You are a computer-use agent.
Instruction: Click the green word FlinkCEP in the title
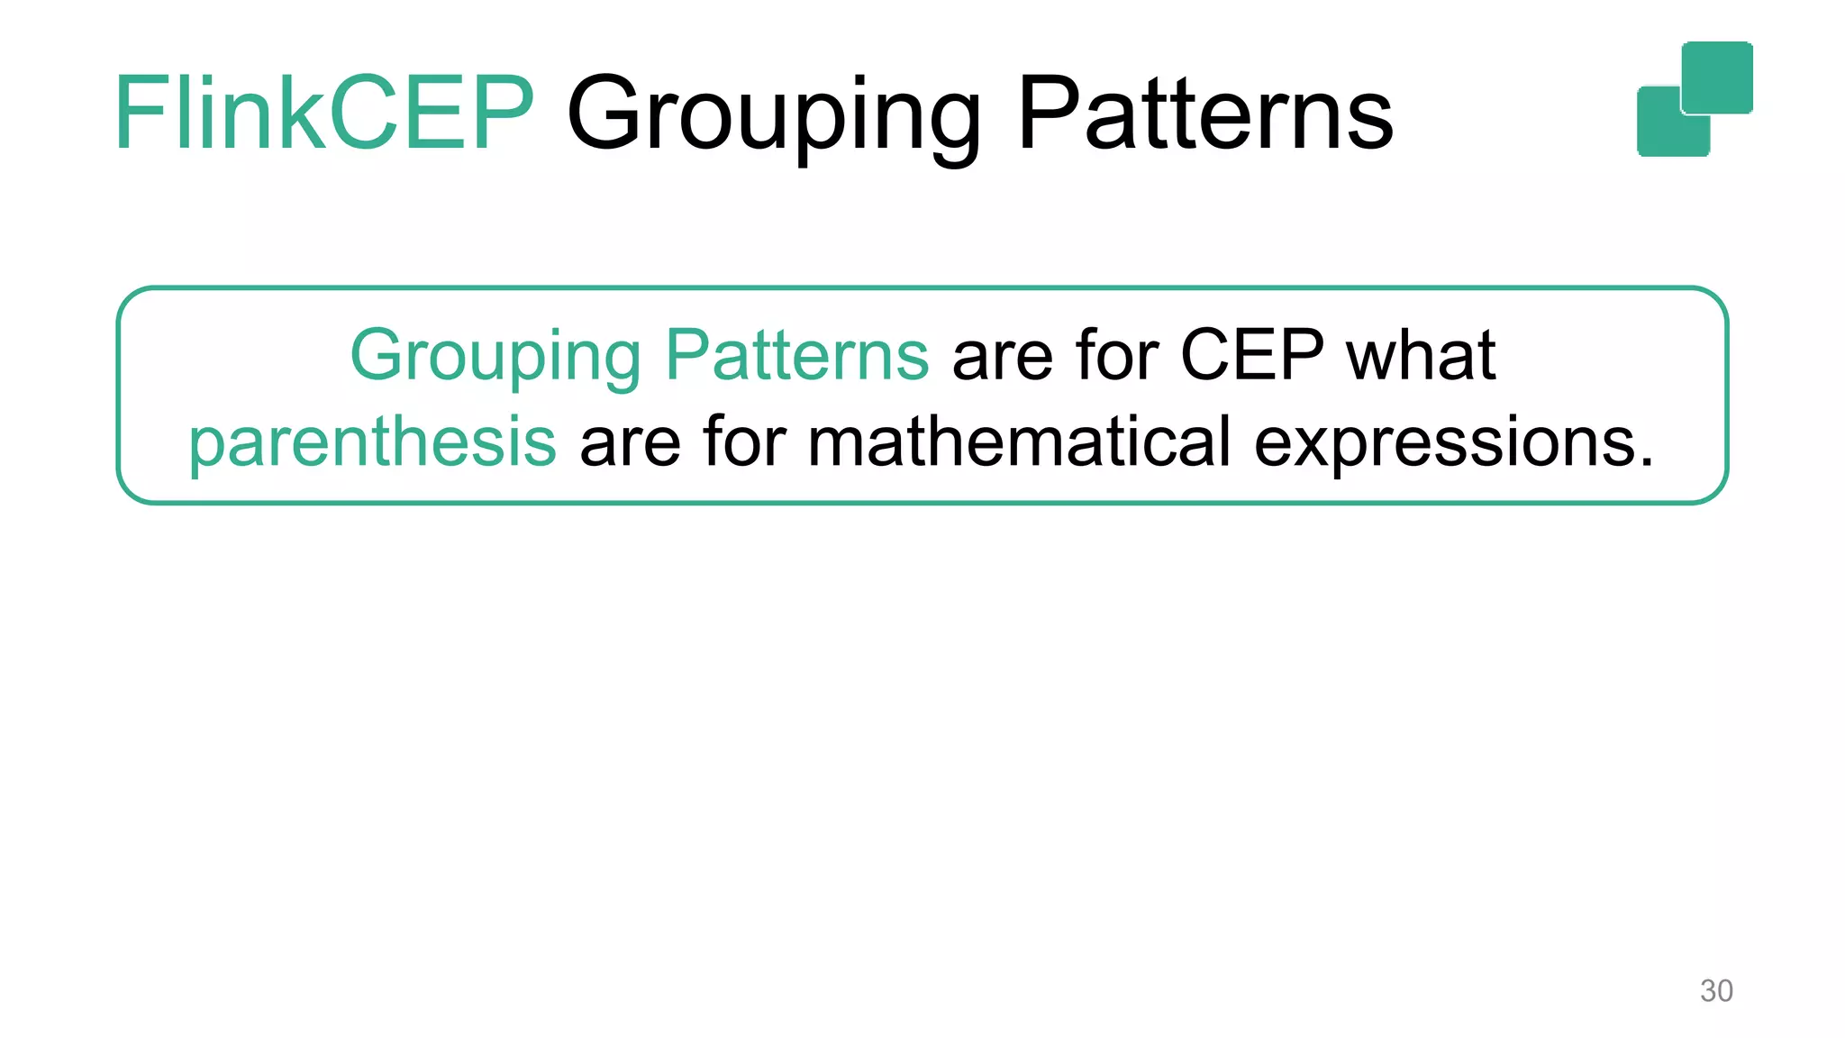pyautogui.click(x=324, y=114)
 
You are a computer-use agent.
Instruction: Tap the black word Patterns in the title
pyautogui.click(x=1205, y=114)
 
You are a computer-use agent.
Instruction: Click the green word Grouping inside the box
pyautogui.click(x=495, y=357)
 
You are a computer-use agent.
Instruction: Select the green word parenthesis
pyautogui.click(x=372, y=443)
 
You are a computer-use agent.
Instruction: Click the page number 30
pyautogui.click(x=1715, y=991)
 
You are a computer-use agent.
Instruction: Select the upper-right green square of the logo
pyautogui.click(x=1717, y=77)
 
